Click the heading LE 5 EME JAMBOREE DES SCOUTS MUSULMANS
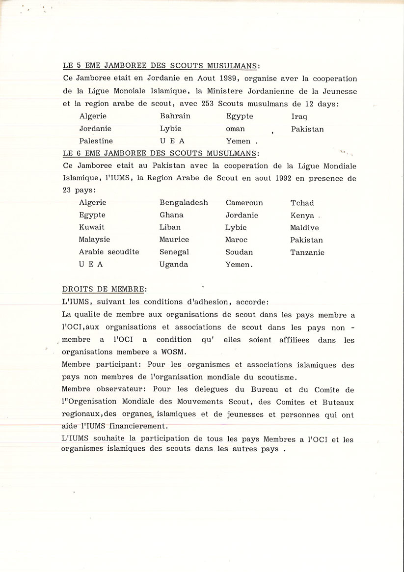[162, 66]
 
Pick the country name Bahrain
[175, 116]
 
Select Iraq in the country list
[299, 117]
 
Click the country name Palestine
[96, 141]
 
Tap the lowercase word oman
[235, 129]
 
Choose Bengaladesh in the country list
[184, 203]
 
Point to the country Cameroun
[244, 203]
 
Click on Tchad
[302, 203]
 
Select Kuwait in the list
[92, 227]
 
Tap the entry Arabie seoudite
[109, 252]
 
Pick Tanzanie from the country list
[307, 252]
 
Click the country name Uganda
[173, 265]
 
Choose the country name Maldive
[304, 228]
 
